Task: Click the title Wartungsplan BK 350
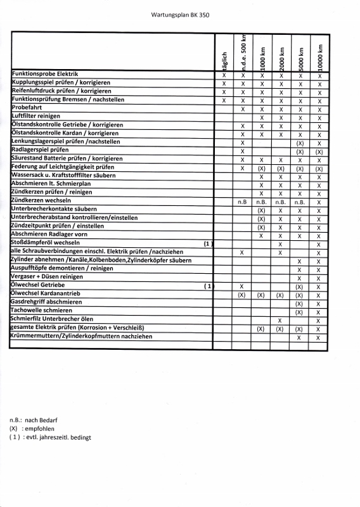pos(179,14)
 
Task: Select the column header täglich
pos(224,60)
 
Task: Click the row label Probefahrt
pos(29,108)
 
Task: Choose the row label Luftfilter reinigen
pos(36,117)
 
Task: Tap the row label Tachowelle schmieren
pos(42,311)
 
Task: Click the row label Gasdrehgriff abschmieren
pos(46,302)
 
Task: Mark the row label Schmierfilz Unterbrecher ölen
pos(52,319)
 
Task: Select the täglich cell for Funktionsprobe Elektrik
pos(224,75)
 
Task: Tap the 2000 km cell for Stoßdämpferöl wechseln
pos(280,243)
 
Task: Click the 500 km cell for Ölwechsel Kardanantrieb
pos(242,295)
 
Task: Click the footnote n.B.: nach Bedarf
pos(32,420)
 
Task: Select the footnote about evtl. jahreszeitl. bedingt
pos(51,437)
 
